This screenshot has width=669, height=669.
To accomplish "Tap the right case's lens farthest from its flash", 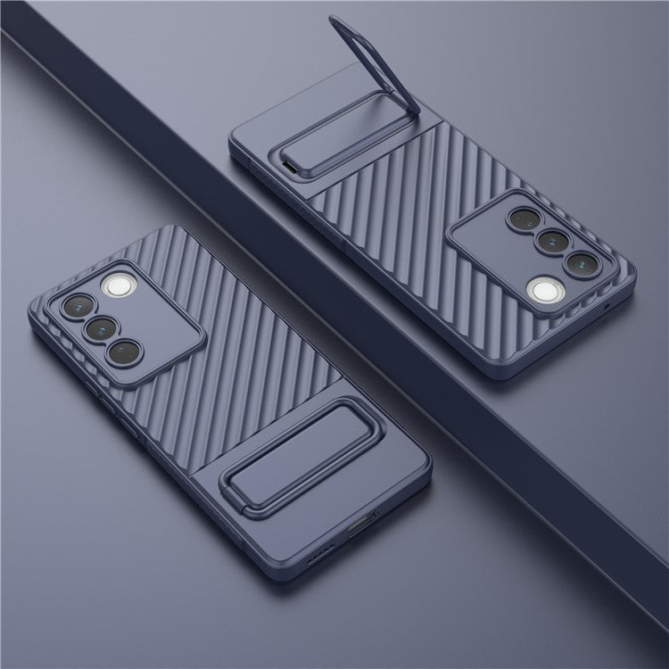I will [x=523, y=218].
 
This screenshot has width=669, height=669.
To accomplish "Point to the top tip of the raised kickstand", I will [x=336, y=20].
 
